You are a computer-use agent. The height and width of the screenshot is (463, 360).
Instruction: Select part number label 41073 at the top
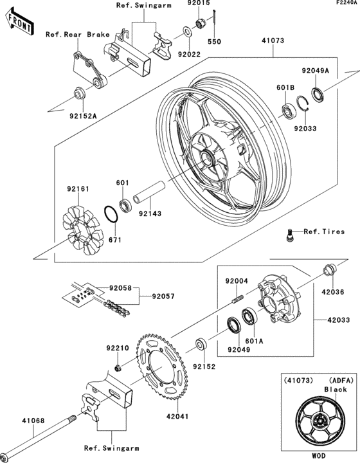pyautogui.click(x=272, y=40)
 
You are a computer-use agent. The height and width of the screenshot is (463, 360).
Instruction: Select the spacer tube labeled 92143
pyautogui.click(x=147, y=194)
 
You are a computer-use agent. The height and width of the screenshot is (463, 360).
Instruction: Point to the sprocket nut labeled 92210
pyautogui.click(x=118, y=367)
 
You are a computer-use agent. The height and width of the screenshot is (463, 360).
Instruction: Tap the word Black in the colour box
pyautogui.click(x=335, y=389)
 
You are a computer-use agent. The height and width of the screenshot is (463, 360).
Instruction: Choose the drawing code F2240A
pyautogui.click(x=344, y=4)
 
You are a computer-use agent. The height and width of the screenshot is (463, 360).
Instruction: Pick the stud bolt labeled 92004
pyautogui.click(x=235, y=299)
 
